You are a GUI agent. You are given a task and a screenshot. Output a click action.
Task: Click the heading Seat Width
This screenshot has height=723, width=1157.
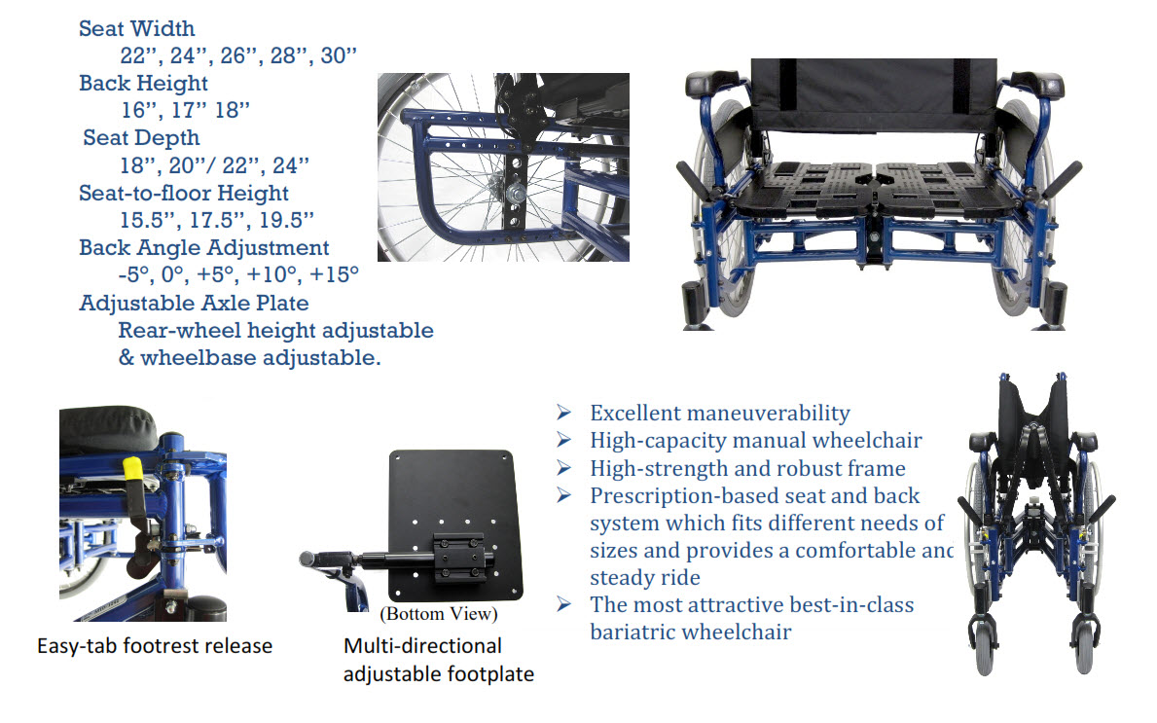[136, 29]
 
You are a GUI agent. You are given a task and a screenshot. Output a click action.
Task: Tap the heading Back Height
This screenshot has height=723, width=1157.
[143, 84]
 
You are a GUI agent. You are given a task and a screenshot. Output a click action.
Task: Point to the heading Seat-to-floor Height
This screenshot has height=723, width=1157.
[184, 194]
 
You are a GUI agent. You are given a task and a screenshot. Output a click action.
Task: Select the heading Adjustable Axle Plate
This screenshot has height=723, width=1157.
[194, 304]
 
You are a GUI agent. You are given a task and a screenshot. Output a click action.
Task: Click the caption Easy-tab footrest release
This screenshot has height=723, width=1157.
[155, 646]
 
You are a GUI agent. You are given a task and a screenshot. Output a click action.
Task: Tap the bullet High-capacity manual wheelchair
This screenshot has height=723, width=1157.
[755, 441]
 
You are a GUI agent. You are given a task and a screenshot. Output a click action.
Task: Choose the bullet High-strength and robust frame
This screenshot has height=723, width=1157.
[747, 468]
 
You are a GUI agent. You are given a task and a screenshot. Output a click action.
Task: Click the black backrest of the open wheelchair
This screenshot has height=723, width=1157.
[874, 95]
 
